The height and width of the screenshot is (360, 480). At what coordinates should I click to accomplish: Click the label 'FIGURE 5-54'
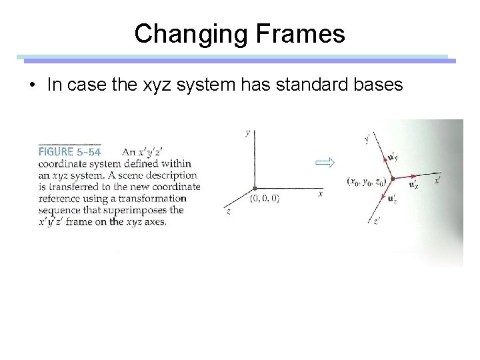(70, 151)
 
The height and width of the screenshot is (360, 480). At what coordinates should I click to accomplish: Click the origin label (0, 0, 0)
(265, 198)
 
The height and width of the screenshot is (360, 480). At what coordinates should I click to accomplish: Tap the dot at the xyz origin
(253, 189)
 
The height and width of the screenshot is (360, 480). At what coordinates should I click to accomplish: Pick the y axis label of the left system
(248, 133)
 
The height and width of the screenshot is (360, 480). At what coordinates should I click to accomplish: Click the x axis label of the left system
(321, 194)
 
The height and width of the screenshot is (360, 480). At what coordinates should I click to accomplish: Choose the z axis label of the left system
(229, 211)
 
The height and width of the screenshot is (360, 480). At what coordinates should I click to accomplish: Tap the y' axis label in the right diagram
(367, 139)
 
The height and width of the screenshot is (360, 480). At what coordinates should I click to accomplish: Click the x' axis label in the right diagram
(437, 180)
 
